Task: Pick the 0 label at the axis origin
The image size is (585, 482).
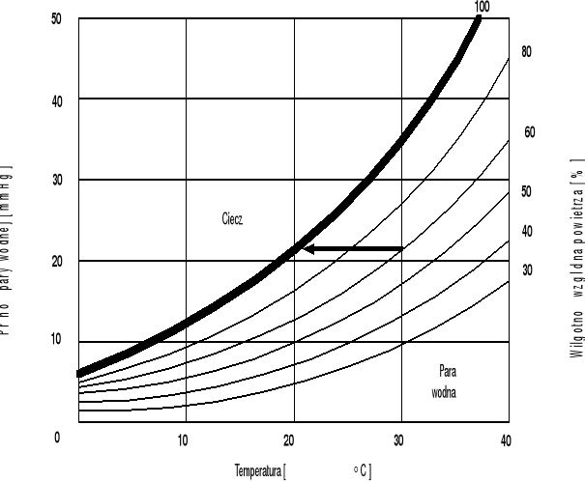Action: (x=57, y=438)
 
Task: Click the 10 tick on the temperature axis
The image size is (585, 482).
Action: (x=184, y=441)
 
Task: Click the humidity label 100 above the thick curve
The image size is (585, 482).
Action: (x=483, y=7)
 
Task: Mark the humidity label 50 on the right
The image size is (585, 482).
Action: (x=527, y=191)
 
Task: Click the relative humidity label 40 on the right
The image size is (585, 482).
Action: (x=527, y=231)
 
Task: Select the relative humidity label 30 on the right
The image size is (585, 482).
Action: (x=527, y=269)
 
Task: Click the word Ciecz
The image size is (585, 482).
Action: (x=232, y=219)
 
